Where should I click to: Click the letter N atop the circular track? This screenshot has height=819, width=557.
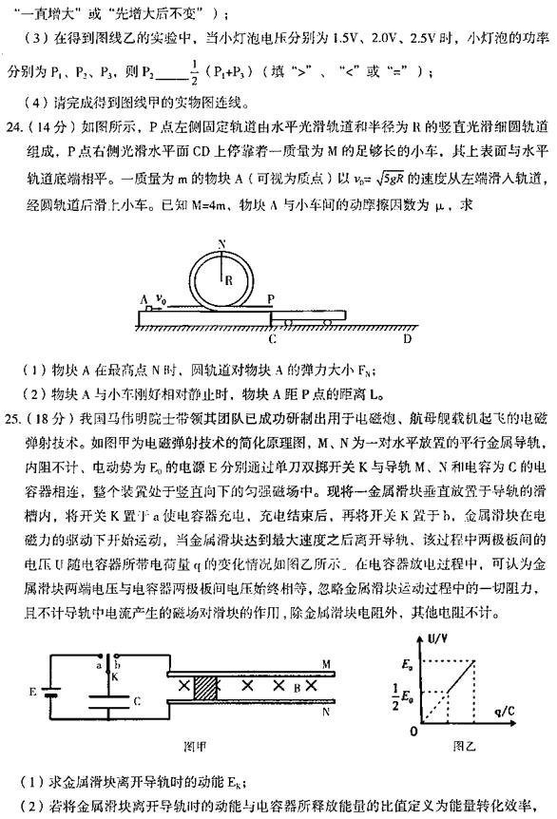point(221,217)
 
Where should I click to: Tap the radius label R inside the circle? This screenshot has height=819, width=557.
point(228,253)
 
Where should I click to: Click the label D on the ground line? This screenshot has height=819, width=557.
point(407,337)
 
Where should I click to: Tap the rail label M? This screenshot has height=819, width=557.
point(351,662)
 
